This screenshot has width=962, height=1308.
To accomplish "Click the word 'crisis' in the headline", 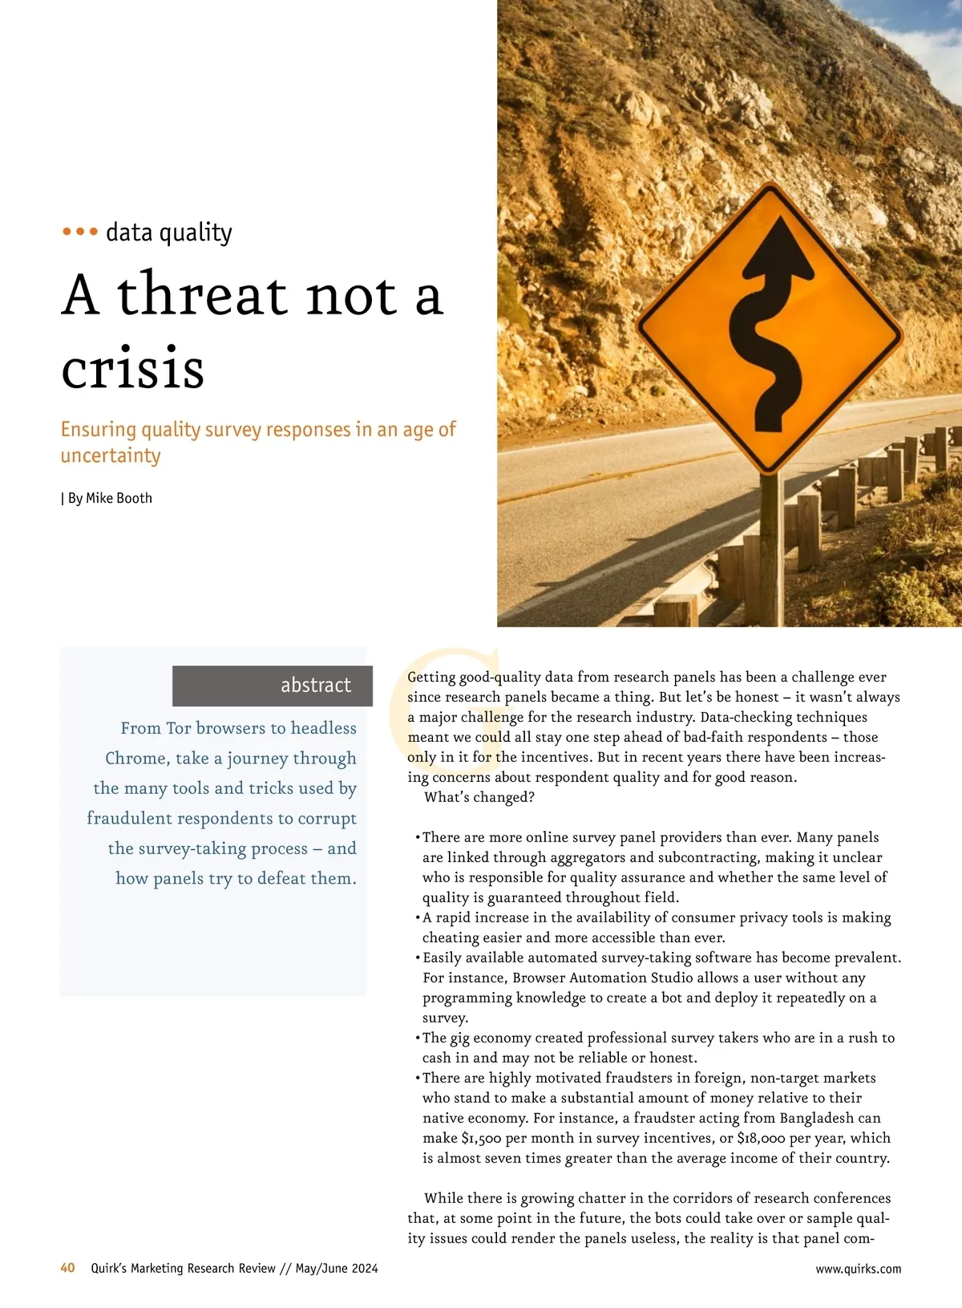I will pos(133,369).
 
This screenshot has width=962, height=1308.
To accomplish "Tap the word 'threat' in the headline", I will pos(202,295).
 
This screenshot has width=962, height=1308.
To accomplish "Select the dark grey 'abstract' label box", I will pos(273,686).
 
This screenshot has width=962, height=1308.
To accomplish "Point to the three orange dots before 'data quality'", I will pos(80,233).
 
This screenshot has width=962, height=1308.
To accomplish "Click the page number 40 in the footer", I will pos(67,1268).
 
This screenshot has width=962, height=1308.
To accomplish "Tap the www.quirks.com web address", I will pos(858,1269).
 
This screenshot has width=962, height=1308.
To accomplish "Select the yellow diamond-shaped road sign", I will pos(770,329).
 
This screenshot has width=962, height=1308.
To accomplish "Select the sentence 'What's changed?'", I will pos(479,797).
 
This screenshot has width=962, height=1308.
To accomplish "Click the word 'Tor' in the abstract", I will pos(178,728).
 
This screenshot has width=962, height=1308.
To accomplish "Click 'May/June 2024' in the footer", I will pos(336,1269).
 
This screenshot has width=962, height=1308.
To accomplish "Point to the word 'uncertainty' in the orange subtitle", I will pos(111,456).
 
